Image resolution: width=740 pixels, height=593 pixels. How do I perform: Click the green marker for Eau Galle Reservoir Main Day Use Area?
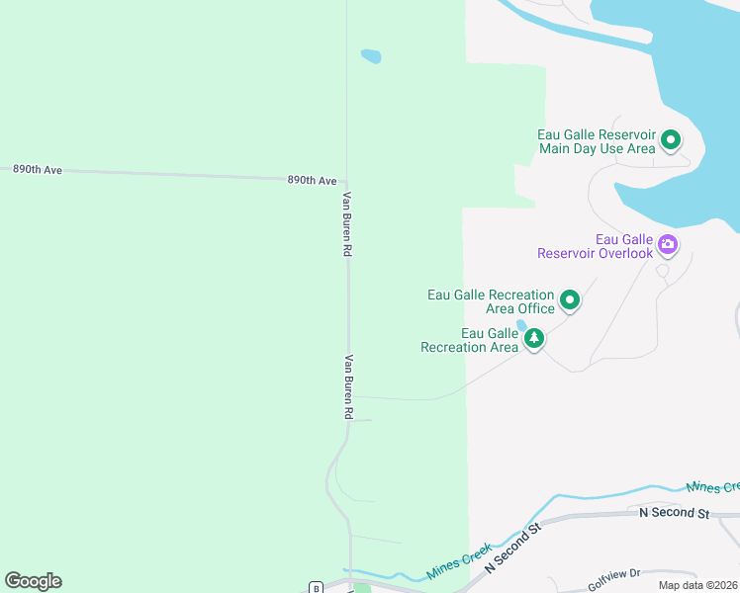[671, 140]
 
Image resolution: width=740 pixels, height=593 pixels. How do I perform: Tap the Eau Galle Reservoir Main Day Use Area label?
[597, 141]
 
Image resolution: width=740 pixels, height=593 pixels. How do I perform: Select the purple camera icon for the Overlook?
[668, 244]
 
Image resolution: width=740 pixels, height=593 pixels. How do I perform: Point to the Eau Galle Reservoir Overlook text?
[596, 246]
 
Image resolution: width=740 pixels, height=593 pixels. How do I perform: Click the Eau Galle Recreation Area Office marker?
[570, 298]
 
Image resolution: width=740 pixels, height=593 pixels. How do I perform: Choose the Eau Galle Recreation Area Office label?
[491, 301]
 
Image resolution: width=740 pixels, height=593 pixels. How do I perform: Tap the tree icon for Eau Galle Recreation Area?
[534, 339]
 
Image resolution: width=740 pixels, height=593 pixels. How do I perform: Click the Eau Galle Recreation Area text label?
[470, 340]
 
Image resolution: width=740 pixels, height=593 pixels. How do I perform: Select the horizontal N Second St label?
[675, 513]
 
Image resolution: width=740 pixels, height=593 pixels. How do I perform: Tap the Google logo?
[33, 581]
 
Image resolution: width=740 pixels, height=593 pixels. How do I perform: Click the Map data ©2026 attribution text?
[697, 585]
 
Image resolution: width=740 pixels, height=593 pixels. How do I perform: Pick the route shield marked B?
[316, 587]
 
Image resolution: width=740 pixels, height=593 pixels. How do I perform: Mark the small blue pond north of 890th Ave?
[371, 56]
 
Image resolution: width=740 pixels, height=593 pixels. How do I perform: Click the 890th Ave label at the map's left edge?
[38, 170]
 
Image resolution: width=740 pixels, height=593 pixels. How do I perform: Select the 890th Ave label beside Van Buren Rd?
[313, 181]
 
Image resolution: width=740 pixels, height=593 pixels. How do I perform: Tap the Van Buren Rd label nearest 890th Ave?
[347, 224]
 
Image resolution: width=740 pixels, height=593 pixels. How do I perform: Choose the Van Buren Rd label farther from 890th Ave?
[348, 387]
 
